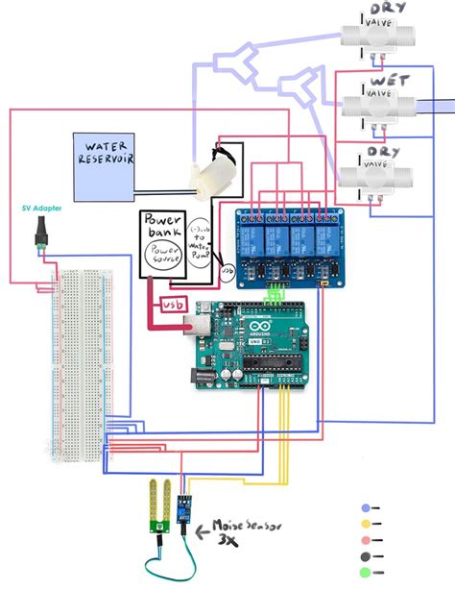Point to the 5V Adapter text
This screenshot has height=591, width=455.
point(39,209)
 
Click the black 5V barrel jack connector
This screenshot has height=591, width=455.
point(41,234)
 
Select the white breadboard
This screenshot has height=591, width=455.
point(79,365)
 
